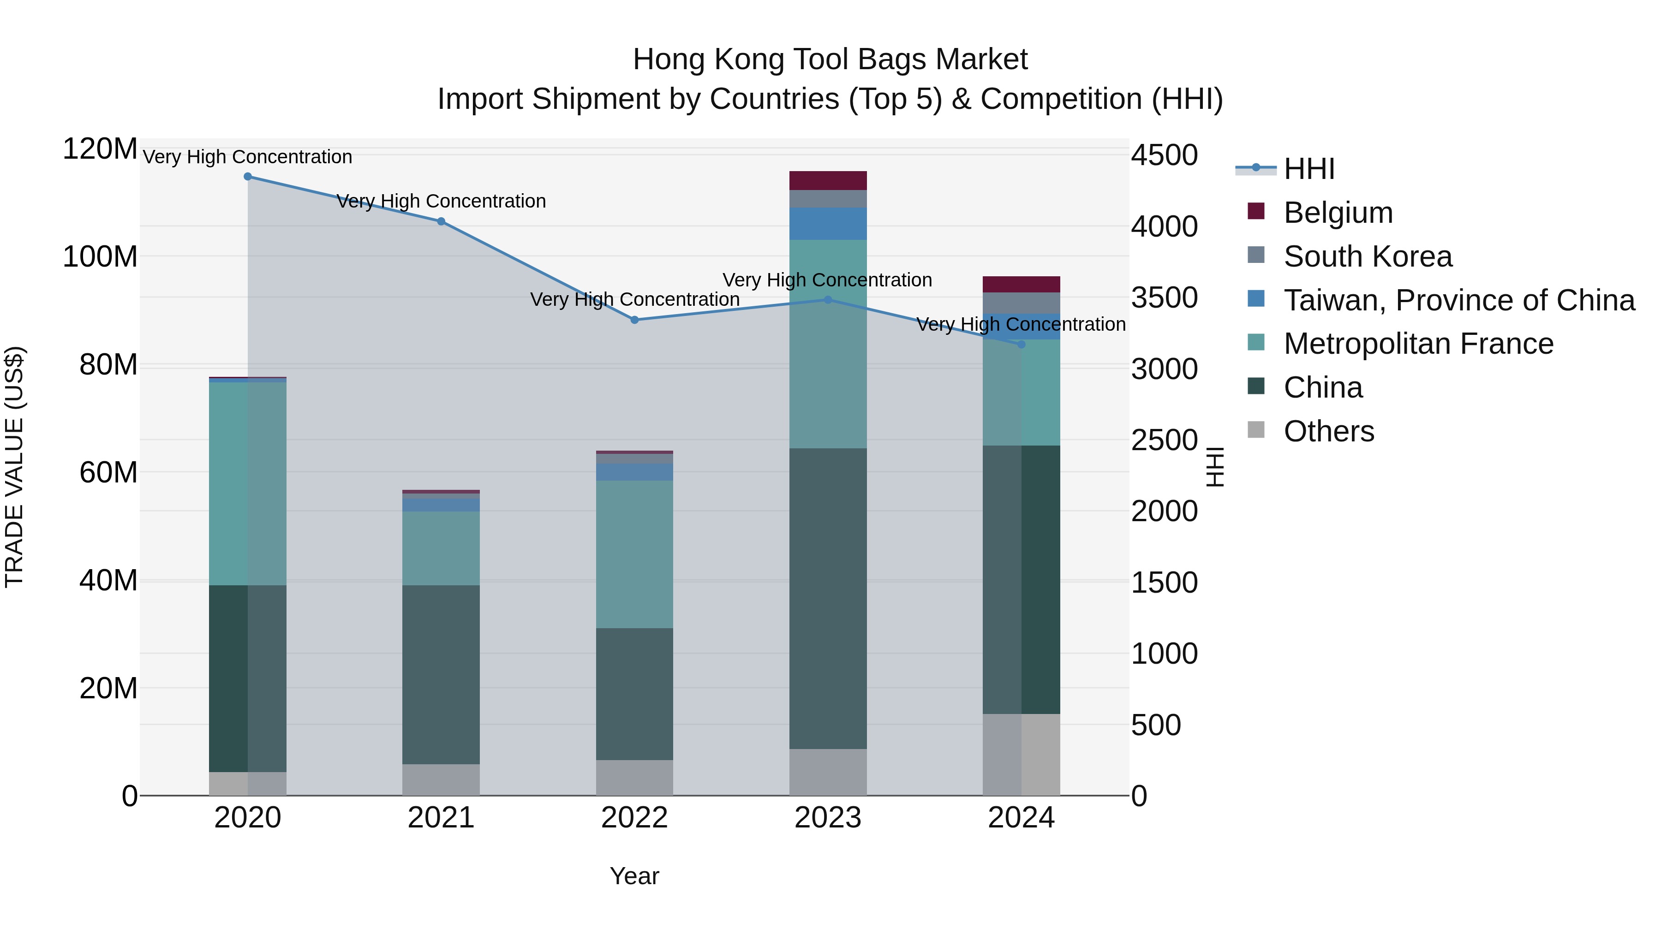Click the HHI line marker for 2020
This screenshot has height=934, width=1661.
248,177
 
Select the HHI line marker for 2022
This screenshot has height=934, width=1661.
634,320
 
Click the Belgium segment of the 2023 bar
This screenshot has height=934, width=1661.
828,180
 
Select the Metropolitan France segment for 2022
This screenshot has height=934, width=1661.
634,554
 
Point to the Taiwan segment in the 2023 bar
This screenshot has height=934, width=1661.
828,224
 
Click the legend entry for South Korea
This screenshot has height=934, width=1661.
1367,256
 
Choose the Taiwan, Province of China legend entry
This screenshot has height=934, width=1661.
1458,300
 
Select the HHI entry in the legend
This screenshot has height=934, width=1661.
1309,169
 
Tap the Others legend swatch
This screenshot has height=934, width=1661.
1256,430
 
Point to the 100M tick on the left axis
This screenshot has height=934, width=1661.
100,256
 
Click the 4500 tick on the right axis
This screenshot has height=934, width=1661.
1165,155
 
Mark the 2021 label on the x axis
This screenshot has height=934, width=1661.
441,818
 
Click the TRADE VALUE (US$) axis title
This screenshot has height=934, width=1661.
14,467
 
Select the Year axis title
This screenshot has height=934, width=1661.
634,876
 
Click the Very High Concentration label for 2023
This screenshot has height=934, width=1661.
827,280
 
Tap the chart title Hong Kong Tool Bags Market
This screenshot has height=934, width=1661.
830,59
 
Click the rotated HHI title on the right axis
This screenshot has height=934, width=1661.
1215,467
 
